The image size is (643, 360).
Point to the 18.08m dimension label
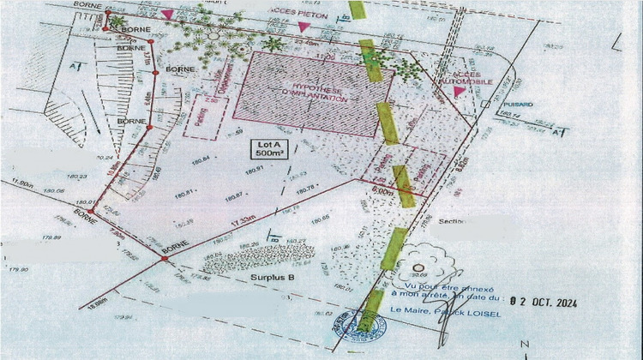click(x=96, y=303)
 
